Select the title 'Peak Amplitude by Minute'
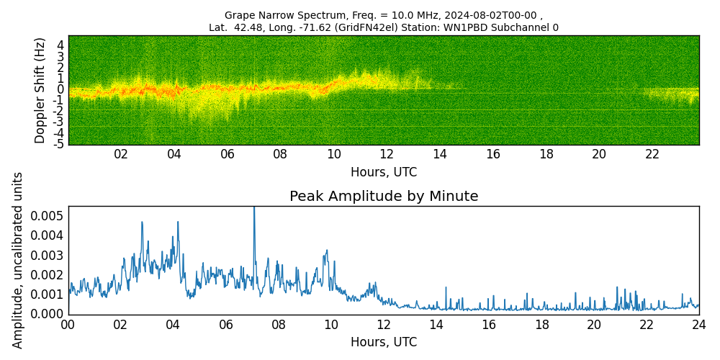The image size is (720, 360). (x=384, y=197)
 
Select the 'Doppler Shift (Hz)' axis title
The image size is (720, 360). (x=40, y=90)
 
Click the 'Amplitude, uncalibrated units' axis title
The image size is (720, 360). (x=18, y=260)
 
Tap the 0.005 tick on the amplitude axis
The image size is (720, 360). (x=47, y=216)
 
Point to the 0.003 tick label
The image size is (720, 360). (x=47, y=255)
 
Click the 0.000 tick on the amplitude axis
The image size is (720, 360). (x=47, y=314)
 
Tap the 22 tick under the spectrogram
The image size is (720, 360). (x=652, y=154)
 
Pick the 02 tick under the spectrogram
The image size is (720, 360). (x=121, y=154)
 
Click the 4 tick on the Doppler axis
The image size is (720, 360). (x=60, y=45)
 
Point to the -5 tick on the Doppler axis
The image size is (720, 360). (x=58, y=144)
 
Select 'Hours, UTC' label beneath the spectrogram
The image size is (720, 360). (x=384, y=172)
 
